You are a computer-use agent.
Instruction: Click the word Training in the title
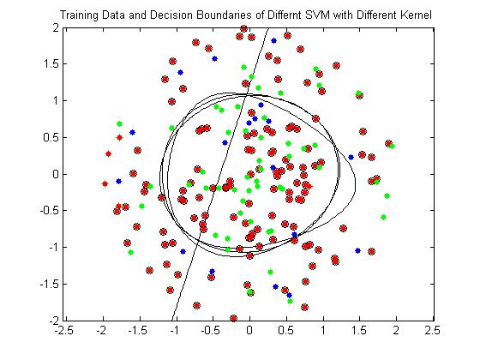point(79,15)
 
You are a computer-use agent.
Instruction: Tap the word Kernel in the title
point(416,15)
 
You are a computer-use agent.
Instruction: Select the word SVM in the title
point(317,15)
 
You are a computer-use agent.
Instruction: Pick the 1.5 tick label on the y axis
point(50,64)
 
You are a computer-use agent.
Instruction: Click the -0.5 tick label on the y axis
point(48,211)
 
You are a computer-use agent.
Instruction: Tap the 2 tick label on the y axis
point(55,27)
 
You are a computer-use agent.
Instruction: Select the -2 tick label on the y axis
point(53,321)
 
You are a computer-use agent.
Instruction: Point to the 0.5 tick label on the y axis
point(50,137)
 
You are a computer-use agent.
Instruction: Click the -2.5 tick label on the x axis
point(64,331)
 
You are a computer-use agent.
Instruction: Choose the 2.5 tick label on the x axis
point(433,331)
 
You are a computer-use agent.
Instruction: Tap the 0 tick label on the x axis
point(249,331)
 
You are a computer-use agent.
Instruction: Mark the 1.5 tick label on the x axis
point(360,331)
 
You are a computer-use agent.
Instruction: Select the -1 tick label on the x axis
point(176,331)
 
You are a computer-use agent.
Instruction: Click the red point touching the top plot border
point(243,29)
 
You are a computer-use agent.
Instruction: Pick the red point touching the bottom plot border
point(233,318)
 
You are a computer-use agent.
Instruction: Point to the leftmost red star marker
point(105,184)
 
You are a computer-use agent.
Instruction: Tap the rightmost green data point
point(392,147)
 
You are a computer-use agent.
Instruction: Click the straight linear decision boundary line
point(220,174)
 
